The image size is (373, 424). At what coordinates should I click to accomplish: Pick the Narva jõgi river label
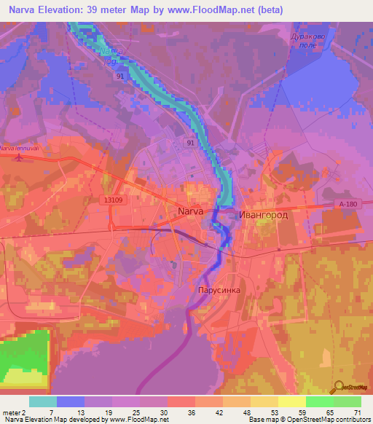(106, 56)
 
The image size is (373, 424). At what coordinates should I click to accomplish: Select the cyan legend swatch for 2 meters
(43, 401)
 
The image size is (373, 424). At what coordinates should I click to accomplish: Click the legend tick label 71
(357, 413)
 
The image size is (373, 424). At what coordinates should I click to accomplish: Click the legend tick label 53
(253, 413)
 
